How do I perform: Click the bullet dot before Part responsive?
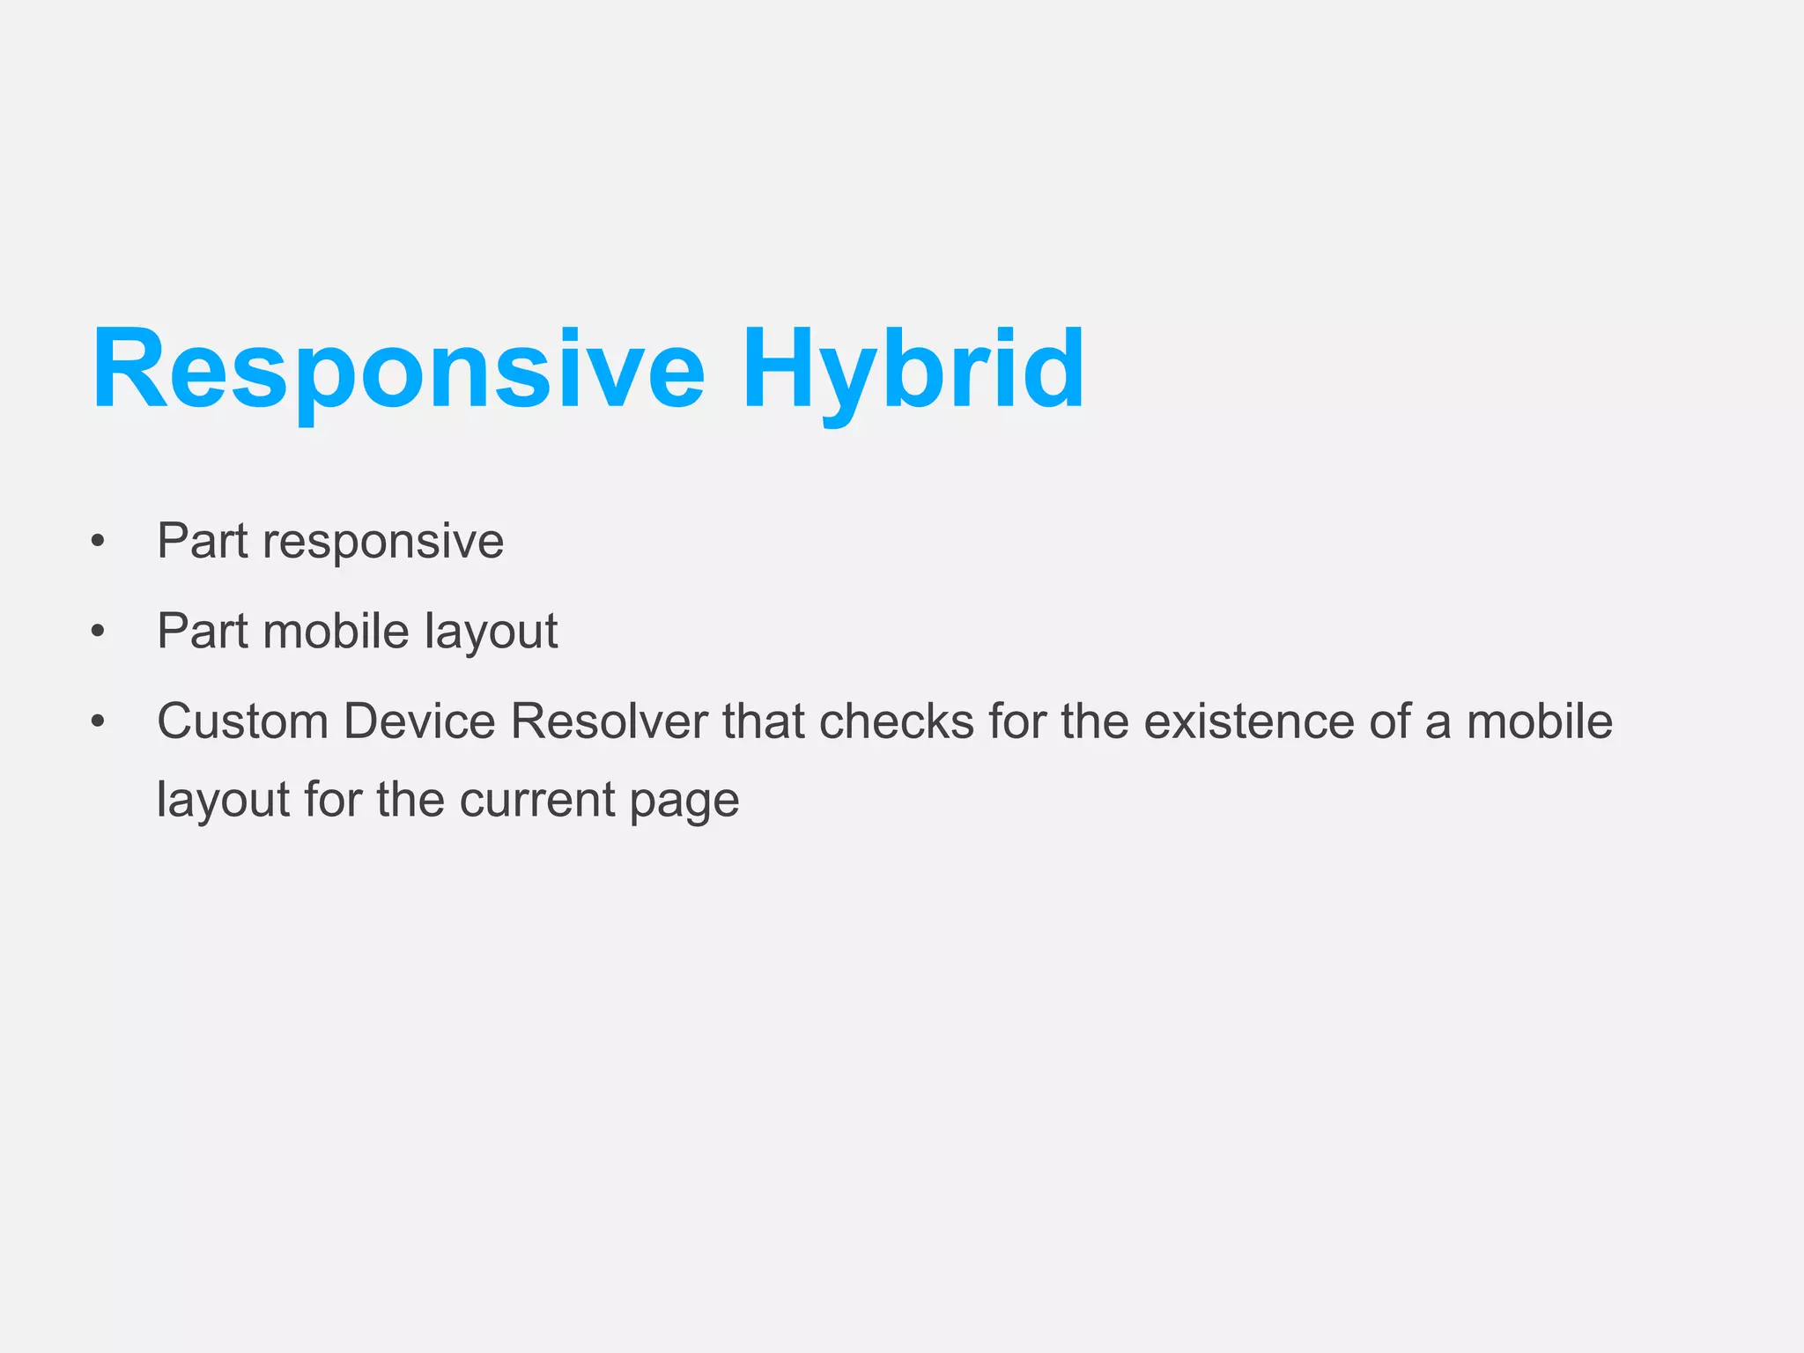98,541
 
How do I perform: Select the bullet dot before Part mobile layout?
98,631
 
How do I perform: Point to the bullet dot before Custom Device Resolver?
98,721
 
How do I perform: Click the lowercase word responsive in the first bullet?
383,541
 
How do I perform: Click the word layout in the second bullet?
491,631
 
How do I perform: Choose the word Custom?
243,721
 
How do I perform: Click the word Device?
419,721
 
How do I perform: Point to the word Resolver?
609,721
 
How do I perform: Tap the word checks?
897,721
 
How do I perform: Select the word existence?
1249,721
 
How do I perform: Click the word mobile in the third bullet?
1539,721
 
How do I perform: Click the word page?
684,800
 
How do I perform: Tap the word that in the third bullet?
763,721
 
